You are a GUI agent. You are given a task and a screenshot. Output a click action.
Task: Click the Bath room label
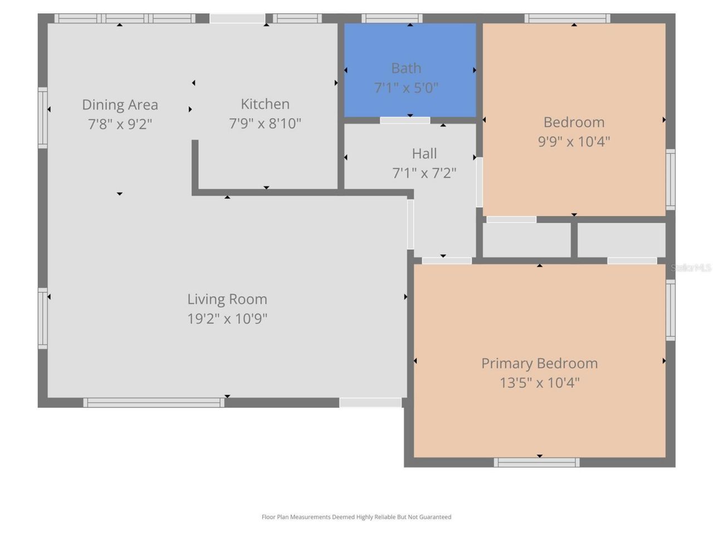[406, 68]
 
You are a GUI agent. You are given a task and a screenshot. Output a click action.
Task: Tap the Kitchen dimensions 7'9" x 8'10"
[265, 123]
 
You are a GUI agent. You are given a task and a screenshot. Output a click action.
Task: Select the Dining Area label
[120, 105]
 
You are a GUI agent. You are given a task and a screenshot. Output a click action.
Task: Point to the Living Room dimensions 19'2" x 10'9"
[227, 318]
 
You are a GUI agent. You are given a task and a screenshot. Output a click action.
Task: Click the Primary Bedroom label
[539, 363]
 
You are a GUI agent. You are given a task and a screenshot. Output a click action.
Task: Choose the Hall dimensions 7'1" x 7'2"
[424, 173]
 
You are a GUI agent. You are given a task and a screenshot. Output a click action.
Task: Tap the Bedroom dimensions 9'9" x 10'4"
[574, 142]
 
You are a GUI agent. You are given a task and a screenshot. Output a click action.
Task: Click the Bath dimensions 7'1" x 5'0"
[406, 87]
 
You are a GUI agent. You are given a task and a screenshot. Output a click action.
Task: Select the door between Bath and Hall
[405, 120]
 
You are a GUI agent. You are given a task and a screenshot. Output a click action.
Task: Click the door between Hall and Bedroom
[479, 182]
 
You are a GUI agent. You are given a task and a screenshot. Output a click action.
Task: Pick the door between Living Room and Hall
[411, 224]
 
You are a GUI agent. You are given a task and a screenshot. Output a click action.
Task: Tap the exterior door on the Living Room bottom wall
[370, 402]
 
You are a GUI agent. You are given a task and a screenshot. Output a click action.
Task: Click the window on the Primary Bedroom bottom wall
[536, 462]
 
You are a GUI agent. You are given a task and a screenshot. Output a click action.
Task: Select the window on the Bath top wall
[392, 18]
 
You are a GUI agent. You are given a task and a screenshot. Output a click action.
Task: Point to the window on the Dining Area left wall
[43, 118]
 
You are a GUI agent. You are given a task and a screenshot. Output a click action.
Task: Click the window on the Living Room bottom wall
[154, 402]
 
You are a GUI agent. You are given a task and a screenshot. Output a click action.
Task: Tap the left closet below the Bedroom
[526, 240]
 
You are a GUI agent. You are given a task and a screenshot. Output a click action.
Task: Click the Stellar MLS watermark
[691, 267]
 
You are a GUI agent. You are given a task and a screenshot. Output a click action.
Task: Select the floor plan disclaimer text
[356, 517]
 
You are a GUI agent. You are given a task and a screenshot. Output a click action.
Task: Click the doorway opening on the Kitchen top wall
[237, 18]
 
